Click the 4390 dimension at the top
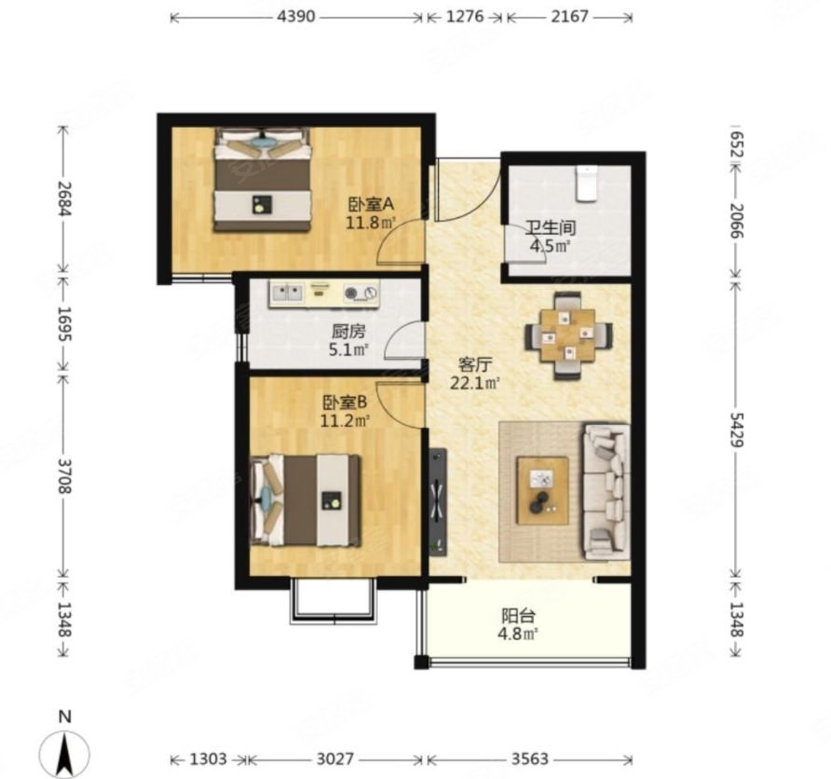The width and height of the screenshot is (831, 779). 295,17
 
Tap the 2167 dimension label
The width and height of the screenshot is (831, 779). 569,17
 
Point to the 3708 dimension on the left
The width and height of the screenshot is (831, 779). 64,475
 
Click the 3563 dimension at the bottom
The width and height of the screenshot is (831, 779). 529,759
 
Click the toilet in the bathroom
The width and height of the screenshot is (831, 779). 587,184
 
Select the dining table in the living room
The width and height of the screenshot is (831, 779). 568,335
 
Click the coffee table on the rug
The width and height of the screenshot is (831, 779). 543,490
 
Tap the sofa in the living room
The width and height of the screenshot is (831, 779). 606,491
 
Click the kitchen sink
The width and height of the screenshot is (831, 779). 286,293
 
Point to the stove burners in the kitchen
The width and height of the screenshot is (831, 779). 361,293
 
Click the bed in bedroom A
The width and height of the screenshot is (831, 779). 262,180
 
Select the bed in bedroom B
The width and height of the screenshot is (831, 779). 306,499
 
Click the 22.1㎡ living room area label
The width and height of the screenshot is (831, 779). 475,383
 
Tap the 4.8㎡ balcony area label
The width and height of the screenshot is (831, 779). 518,634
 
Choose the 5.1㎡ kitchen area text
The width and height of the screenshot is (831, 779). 348,349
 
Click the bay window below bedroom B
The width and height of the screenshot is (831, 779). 334,600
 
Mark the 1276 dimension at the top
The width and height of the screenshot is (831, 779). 465,17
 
